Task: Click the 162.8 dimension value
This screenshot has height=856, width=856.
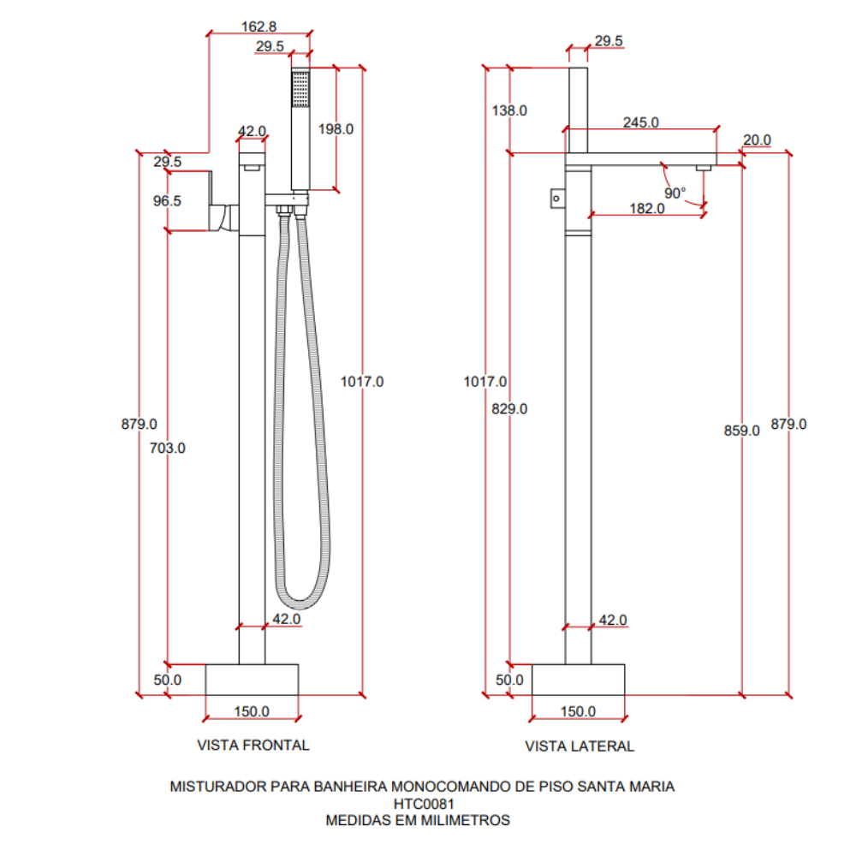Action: [259, 27]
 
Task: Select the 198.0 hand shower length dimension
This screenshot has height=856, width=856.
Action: [336, 129]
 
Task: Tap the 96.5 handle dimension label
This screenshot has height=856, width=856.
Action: [167, 201]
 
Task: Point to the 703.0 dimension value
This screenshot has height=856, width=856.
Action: [168, 449]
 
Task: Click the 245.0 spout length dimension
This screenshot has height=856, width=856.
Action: [641, 122]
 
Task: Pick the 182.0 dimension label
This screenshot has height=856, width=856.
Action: [647, 209]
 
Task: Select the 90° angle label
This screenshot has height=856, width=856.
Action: [675, 193]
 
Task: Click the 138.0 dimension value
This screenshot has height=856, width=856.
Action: [509, 110]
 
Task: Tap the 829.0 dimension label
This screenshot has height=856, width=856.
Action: [509, 409]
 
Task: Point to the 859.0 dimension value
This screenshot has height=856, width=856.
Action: [742, 431]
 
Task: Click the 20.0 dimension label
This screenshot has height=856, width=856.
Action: [758, 140]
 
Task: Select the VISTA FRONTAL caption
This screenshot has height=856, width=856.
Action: [253, 746]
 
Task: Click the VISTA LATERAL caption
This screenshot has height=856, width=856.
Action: [580, 746]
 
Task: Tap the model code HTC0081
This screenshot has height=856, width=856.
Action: [424, 804]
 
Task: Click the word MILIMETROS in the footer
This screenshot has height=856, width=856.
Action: [460, 820]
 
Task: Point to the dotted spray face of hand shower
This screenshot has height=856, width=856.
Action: [300, 89]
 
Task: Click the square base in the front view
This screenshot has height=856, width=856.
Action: [252, 680]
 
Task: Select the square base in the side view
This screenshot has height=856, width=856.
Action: [578, 680]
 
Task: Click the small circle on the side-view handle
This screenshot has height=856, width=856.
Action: [556, 199]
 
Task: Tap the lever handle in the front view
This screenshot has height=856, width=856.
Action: [223, 202]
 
